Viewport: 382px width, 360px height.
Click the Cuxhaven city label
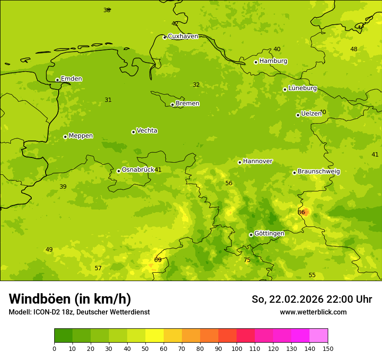[183, 36]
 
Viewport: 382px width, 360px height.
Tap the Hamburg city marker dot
[256, 62]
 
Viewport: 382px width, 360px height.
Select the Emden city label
[71, 79]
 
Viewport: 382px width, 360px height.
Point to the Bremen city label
[188, 104]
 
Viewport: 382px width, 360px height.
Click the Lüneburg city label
[303, 88]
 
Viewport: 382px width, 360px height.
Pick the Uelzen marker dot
[298, 115]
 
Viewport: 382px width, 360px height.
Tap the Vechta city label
[147, 131]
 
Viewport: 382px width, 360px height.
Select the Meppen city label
[81, 136]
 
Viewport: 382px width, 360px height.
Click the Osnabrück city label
[138, 170]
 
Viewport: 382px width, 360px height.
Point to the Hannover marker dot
[240, 162]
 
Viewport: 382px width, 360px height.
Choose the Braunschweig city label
[319, 172]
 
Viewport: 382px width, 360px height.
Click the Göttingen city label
[269, 234]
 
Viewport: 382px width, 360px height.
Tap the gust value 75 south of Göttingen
[247, 260]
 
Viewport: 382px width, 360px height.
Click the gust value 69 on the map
[158, 260]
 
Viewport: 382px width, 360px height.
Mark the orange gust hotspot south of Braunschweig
[306, 212]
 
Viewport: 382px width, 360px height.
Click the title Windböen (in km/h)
[70, 299]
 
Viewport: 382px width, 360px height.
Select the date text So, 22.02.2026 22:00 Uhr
[312, 299]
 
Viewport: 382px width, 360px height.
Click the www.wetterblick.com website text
[313, 312]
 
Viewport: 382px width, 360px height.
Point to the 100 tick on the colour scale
[237, 348]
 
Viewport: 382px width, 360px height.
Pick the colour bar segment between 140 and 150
[319, 336]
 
